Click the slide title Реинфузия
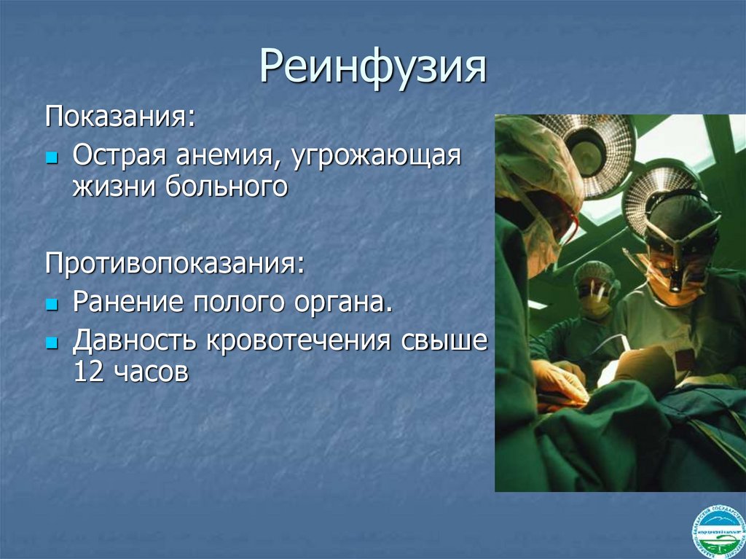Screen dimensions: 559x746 373,68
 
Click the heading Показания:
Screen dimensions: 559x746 121,117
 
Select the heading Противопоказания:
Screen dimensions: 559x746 176,262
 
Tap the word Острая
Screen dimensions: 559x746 116,156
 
